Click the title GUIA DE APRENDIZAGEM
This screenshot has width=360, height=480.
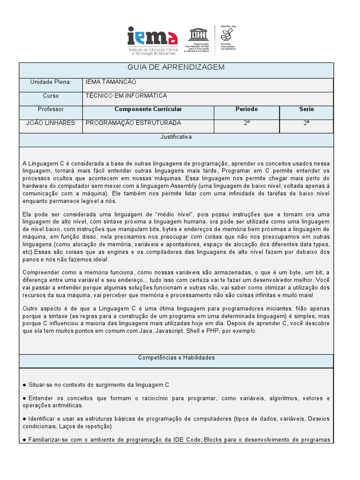[x=176, y=67]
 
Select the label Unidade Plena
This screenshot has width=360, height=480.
[x=51, y=82]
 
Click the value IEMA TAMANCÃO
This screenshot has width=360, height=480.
[x=111, y=82]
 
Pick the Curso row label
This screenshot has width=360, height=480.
[x=51, y=96]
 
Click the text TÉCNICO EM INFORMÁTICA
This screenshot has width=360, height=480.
[x=126, y=96]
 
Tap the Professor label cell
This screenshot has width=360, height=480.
[x=51, y=110]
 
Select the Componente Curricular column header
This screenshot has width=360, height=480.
[x=148, y=110]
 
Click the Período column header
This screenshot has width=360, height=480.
[x=247, y=110]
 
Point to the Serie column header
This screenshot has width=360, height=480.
[x=307, y=110]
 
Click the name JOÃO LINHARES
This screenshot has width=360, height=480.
[x=51, y=123]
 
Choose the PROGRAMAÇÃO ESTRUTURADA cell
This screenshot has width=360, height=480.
[x=133, y=123]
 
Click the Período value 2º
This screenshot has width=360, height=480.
[x=247, y=123]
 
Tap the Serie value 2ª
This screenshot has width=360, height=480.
[x=307, y=123]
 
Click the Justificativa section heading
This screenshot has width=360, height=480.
[x=176, y=137]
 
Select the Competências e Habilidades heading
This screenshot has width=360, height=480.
[x=176, y=358]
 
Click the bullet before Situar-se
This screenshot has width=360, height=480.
[x=24, y=385]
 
